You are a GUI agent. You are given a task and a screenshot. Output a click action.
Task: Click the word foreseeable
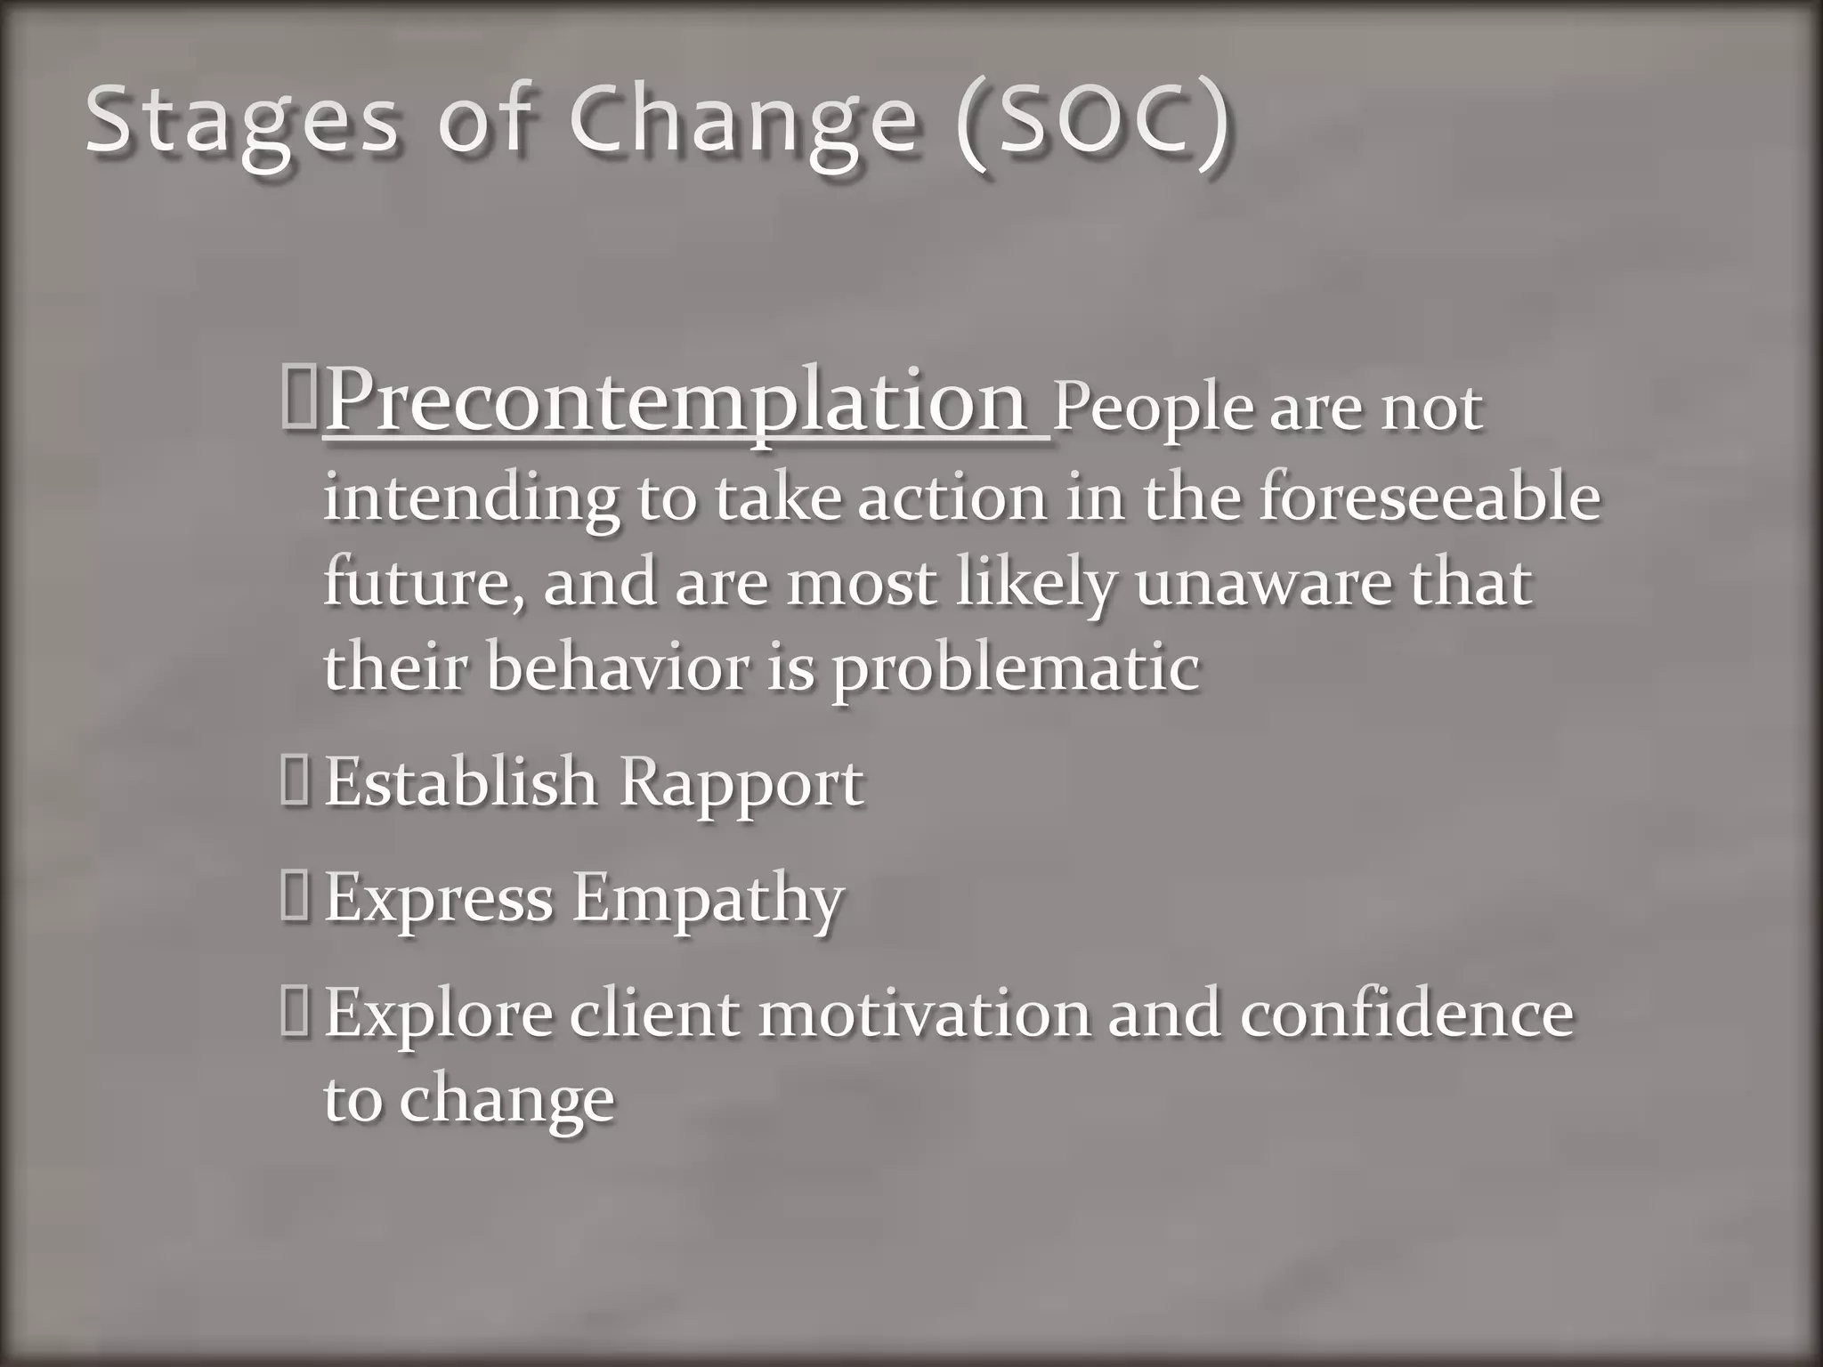tap(1429, 498)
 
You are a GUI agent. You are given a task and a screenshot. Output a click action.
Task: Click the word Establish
tap(460, 783)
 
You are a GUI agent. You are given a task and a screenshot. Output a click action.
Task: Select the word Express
tap(438, 899)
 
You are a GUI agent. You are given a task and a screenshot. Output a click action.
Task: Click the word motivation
tap(924, 1015)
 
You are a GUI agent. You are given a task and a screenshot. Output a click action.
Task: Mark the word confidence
tap(1406, 1015)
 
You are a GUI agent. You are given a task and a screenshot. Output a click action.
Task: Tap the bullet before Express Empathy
tap(293, 898)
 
